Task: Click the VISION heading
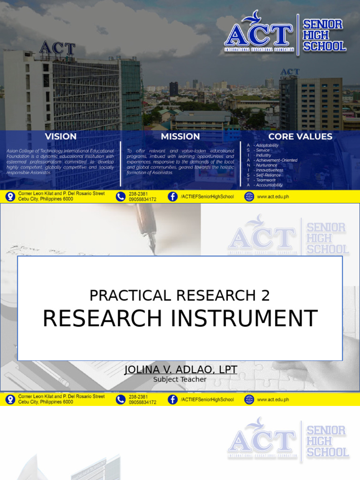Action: [60, 136]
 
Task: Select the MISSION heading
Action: [180, 136]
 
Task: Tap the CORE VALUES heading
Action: [300, 136]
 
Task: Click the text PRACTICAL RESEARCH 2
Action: [180, 295]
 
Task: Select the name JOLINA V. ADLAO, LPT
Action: [180, 370]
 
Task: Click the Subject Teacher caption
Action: [180, 380]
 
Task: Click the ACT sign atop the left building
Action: [57, 48]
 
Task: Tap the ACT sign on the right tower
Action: [290, 72]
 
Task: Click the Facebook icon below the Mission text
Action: [172, 196]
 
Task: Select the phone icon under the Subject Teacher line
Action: [120, 399]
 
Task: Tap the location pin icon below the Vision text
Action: [10, 196]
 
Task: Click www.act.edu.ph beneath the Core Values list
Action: [273, 197]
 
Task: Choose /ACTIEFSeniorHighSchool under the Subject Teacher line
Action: [207, 400]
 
